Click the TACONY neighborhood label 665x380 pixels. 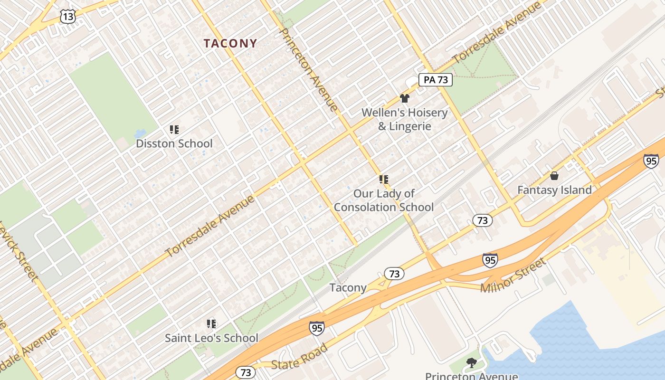tap(230, 43)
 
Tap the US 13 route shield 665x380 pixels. tap(67, 17)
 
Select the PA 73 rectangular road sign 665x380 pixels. tap(436, 80)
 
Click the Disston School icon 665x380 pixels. tap(174, 130)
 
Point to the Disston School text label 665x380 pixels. tap(174, 143)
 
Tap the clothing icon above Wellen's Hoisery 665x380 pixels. tap(404, 98)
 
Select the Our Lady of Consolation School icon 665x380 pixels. tap(384, 180)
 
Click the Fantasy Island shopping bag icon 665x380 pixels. tap(554, 176)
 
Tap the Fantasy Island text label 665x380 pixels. tap(554, 190)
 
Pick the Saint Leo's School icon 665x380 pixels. tap(211, 324)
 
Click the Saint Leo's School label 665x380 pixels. tap(211, 338)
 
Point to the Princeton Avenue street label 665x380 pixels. tap(309, 69)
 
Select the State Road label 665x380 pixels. tap(299, 357)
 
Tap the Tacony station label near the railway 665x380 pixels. tap(348, 287)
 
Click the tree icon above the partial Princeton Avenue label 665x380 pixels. tap(471, 363)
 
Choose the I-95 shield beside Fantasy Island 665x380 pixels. tap(651, 161)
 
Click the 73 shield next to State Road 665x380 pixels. tap(246, 372)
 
